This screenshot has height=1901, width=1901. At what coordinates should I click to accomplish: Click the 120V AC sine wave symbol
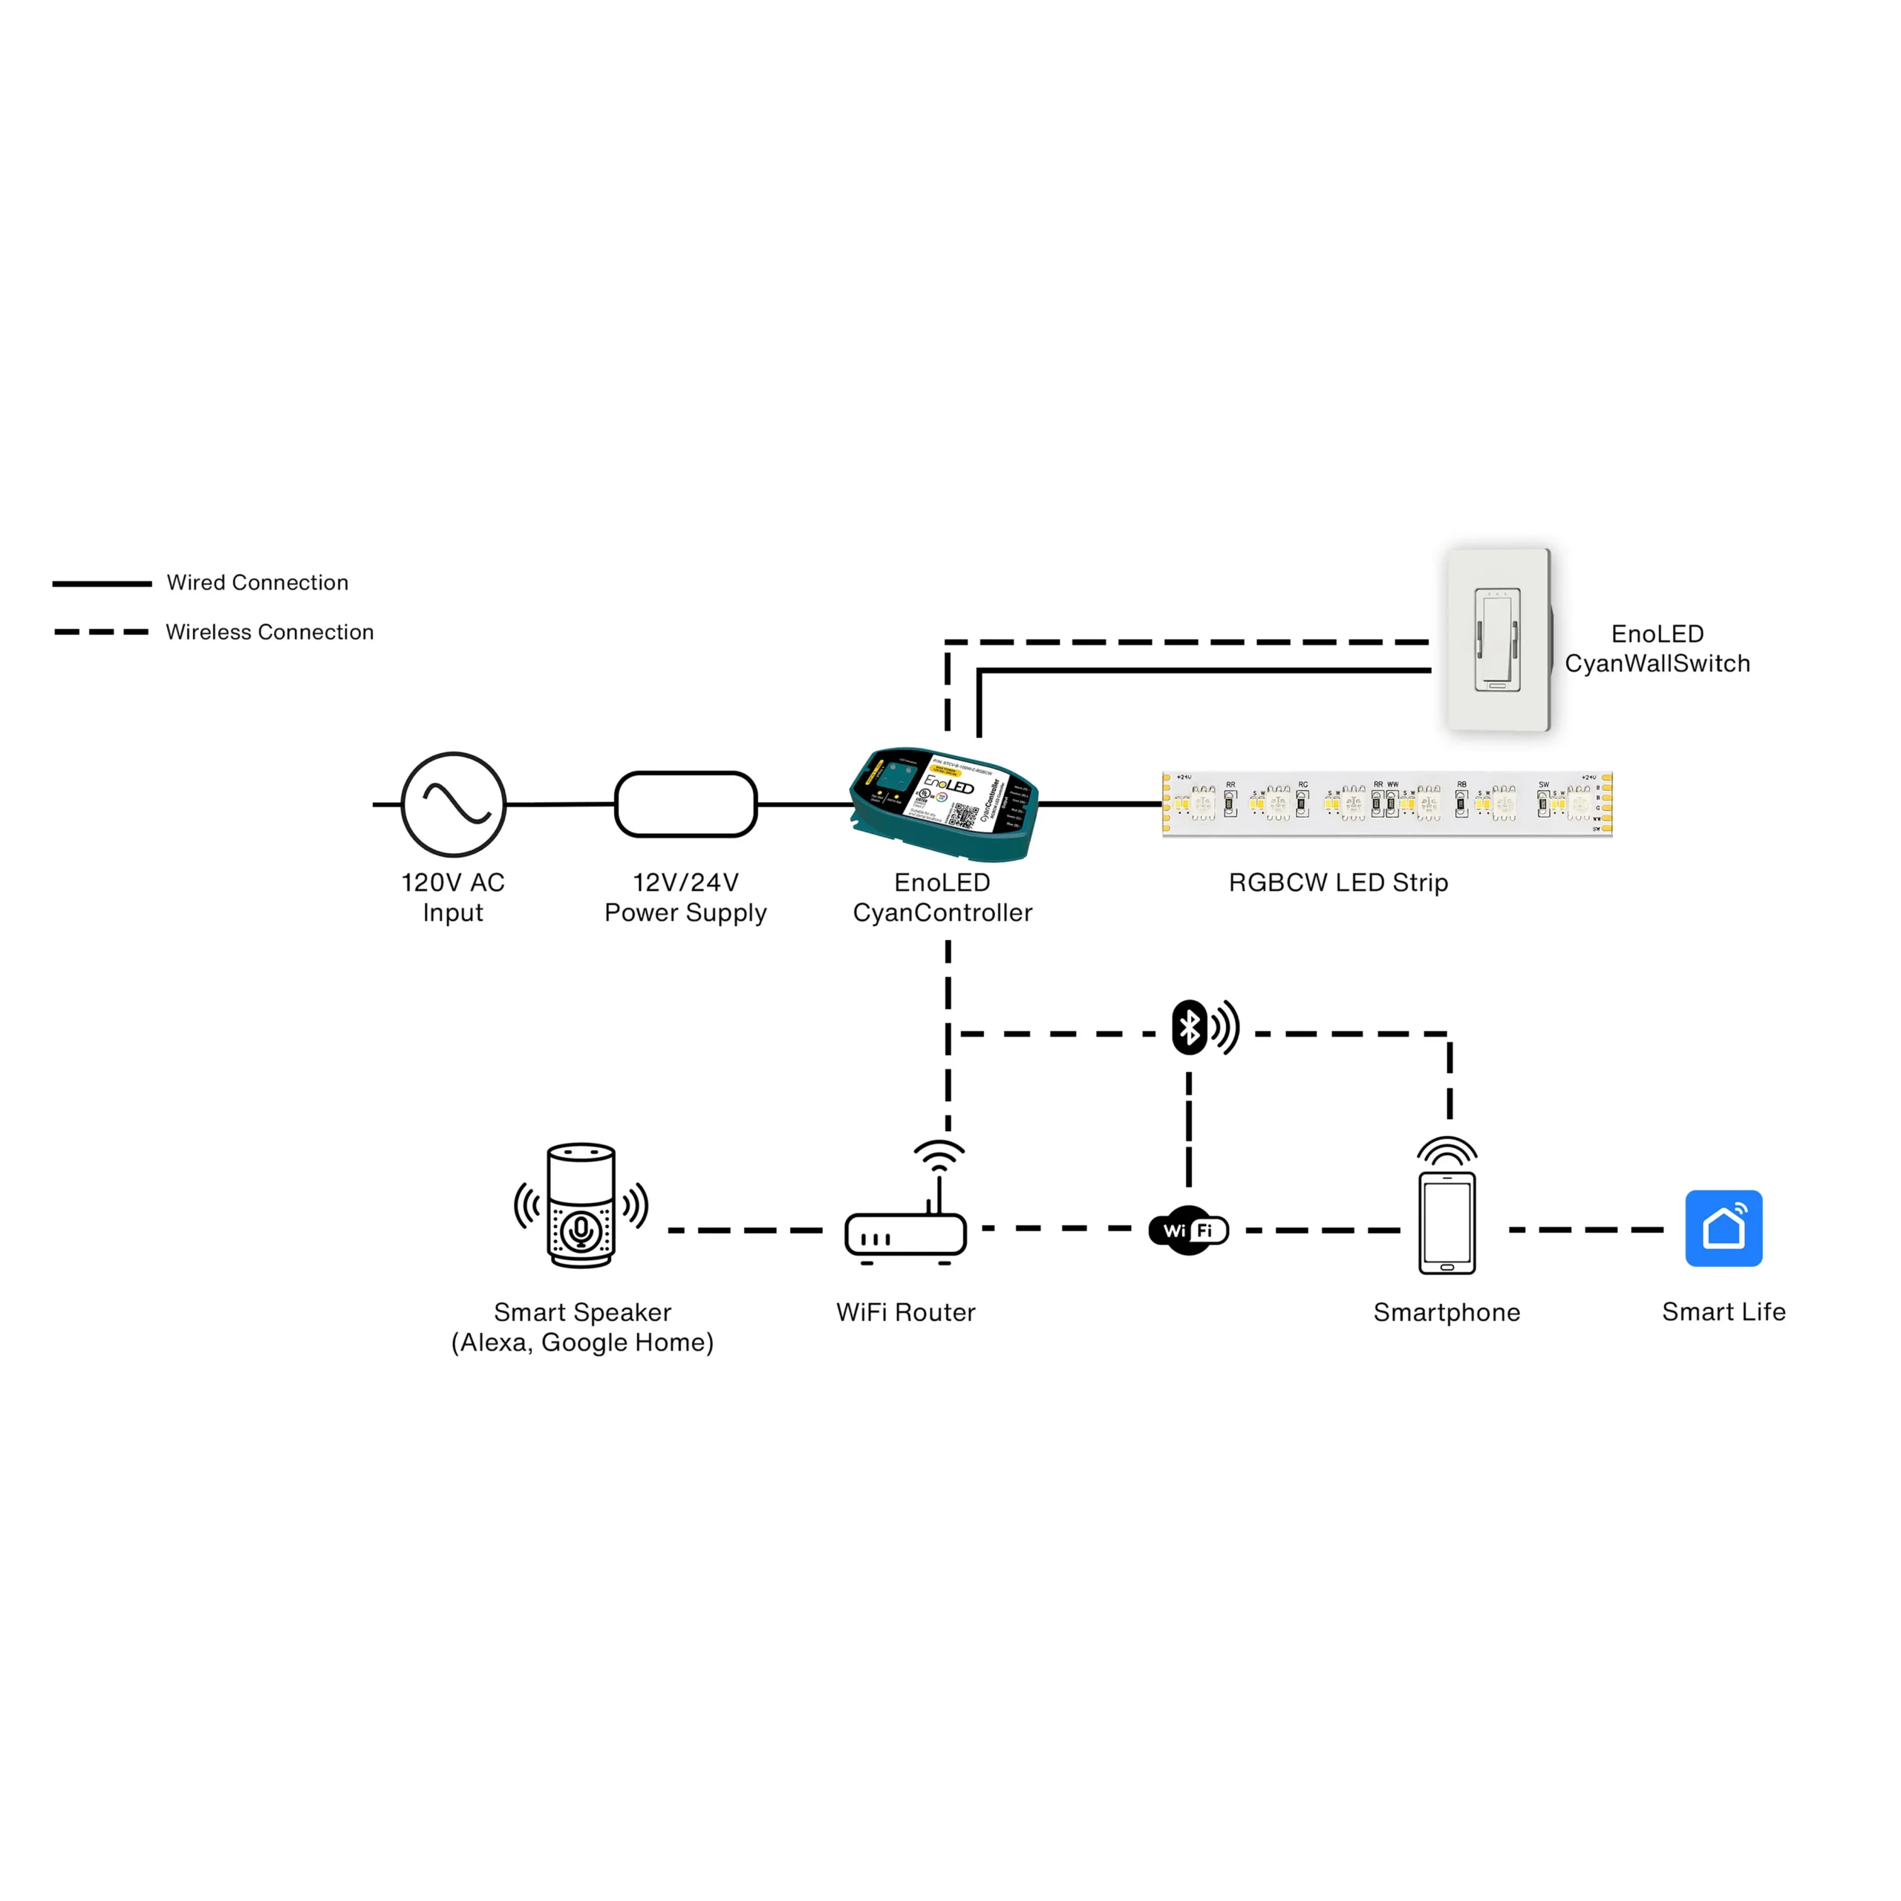[454, 804]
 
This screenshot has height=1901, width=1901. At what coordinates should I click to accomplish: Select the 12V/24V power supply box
[686, 804]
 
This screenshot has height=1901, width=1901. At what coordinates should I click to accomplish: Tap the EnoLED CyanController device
[942, 804]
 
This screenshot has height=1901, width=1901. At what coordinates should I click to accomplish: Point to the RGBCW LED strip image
[1387, 804]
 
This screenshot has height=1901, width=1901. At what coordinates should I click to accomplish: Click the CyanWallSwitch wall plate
[1498, 639]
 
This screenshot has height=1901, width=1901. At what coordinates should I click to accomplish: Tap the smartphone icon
[1447, 1222]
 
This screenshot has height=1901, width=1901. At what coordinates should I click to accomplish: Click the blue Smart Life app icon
[1724, 1228]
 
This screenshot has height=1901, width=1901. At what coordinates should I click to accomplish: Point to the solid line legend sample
[102, 584]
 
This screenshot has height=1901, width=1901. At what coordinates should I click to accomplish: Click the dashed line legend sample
[102, 632]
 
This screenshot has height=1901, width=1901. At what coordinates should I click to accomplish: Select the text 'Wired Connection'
[258, 582]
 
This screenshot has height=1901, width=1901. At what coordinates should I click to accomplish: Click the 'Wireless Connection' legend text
[270, 632]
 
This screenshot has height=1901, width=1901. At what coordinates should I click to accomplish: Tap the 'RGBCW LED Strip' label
[1338, 883]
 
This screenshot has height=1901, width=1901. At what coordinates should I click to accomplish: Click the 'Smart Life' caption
[1724, 1311]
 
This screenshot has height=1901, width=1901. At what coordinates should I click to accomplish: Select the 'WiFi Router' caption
[906, 1313]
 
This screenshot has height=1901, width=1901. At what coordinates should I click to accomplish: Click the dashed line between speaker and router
[745, 1230]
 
